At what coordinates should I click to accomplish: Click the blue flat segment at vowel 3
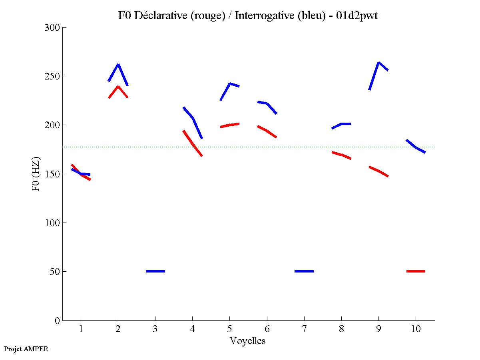pyautogui.click(x=155, y=271)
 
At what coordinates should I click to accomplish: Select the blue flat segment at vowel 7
pyautogui.click(x=304, y=271)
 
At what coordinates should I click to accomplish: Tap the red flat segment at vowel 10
pyautogui.click(x=416, y=271)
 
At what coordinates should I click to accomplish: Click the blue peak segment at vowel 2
pyautogui.click(x=118, y=65)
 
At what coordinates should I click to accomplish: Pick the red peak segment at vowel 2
pyautogui.click(x=118, y=87)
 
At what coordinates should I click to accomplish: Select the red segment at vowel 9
pyautogui.click(x=378, y=171)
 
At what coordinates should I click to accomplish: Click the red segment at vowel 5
pyautogui.click(x=230, y=125)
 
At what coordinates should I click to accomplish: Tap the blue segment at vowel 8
pyautogui.click(x=342, y=124)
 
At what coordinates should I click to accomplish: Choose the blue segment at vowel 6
pyautogui.click(x=267, y=104)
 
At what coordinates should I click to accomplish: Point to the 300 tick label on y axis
pyautogui.click(x=52, y=28)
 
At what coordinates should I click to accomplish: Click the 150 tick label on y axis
pyautogui.click(x=52, y=174)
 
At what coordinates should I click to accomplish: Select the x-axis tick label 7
pyautogui.click(x=304, y=329)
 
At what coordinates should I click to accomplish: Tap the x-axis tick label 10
pyautogui.click(x=416, y=329)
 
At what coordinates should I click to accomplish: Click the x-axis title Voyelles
pyautogui.click(x=248, y=341)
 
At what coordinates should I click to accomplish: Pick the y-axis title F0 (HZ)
pyautogui.click(x=36, y=174)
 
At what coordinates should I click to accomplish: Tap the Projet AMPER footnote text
pyautogui.click(x=26, y=349)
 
